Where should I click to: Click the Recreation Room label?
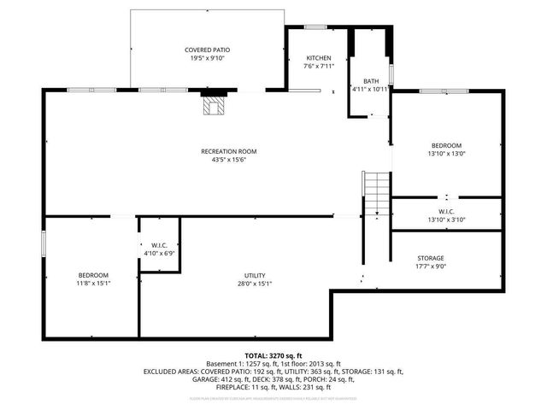pos(228,151)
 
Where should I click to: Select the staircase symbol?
pos(376,192)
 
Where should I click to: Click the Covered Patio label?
pos(207,50)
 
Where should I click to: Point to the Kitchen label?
pos(318,58)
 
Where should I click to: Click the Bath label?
pos(370,80)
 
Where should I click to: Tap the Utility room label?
pos(255,275)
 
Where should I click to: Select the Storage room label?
pos(430,258)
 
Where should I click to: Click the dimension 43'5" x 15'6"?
pos(228,160)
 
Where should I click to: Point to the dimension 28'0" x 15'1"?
pos(255,284)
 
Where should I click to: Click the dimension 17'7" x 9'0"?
pos(430,266)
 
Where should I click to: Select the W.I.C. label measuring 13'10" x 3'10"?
pos(445,211)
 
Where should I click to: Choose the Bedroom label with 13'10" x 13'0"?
pos(446,145)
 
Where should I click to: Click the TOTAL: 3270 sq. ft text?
pos(273,355)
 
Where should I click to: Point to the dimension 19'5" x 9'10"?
pos(207,59)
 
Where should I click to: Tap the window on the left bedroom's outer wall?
pos(44,242)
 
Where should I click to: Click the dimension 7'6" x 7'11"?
pos(318,67)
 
